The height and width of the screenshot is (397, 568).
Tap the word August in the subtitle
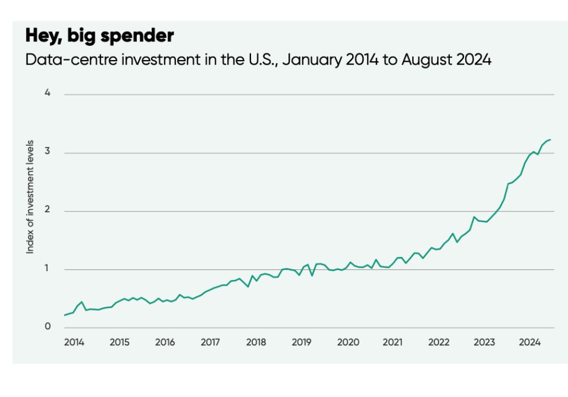point(428,60)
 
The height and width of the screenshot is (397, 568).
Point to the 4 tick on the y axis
point(48,94)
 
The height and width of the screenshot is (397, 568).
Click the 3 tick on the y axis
point(48,153)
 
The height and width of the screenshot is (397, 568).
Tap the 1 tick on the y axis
point(48,269)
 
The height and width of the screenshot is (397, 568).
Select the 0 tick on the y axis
point(48,327)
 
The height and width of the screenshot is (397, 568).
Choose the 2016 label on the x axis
point(165,343)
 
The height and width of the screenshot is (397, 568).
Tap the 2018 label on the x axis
point(256,343)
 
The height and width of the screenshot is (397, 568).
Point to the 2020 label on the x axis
point(348,343)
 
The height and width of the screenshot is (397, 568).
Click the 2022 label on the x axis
point(438,343)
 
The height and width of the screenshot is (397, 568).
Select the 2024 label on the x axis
point(530,343)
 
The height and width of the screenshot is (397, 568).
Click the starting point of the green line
point(64,315)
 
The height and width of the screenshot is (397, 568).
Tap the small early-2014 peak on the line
point(82,302)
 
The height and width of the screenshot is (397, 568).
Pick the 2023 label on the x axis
point(485,343)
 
